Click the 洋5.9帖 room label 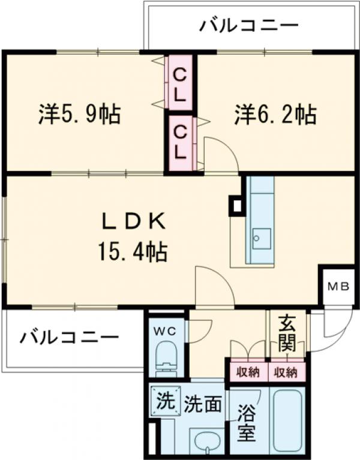79,113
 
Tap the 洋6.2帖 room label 275,113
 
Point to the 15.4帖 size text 133,250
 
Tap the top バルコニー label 249,26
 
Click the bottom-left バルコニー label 68,338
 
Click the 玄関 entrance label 287,335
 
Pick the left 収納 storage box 247,372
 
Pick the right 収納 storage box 286,372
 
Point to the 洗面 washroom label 203,403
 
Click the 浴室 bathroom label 246,423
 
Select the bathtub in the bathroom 289,420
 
